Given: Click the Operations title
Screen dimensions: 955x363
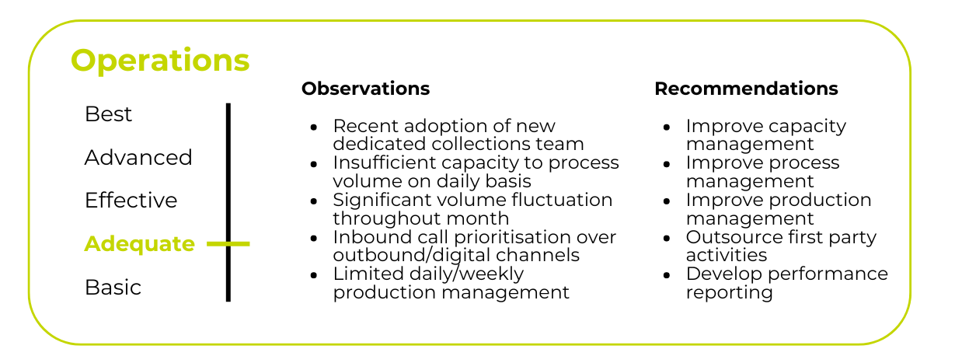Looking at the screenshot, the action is pos(160,61).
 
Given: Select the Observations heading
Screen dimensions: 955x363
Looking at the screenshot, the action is pos(365,89).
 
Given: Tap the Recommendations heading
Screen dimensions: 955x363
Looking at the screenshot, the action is pos(746,89).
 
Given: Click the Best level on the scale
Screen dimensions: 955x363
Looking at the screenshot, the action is pos(108,114).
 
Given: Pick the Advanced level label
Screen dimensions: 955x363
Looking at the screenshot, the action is pos(138,157).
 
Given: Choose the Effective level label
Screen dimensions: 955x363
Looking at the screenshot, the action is pos(131,200).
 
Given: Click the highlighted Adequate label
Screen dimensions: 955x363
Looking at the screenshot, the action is pos(139,244).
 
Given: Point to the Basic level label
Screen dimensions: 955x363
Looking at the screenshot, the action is pos(113,287).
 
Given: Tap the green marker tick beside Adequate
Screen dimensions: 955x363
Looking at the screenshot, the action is pos(228,244).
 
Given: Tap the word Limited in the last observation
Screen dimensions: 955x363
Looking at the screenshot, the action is pos(368,274).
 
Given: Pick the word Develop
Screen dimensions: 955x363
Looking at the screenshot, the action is pos(724,274).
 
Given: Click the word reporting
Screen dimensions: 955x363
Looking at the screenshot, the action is pos(730,293).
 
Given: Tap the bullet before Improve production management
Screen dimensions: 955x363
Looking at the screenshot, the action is pos(667,201).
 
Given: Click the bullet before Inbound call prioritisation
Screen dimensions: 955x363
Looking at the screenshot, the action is pos(314,238).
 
